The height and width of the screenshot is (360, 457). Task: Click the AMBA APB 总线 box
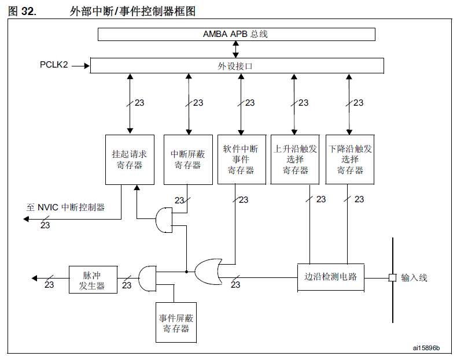click(236, 34)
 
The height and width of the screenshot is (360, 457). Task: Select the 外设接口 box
click(236, 66)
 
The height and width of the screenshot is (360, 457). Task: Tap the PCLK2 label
click(54, 65)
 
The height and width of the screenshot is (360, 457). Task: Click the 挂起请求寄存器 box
click(129, 159)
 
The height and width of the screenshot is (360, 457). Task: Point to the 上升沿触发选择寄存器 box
click(295, 159)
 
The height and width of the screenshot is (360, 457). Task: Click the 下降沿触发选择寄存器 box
click(350, 159)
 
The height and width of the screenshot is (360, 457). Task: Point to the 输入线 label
click(414, 278)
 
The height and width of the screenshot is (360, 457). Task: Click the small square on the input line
click(392, 278)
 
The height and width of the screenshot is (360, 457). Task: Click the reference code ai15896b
click(426, 348)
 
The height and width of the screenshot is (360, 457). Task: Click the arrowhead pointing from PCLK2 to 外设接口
click(87, 65)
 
